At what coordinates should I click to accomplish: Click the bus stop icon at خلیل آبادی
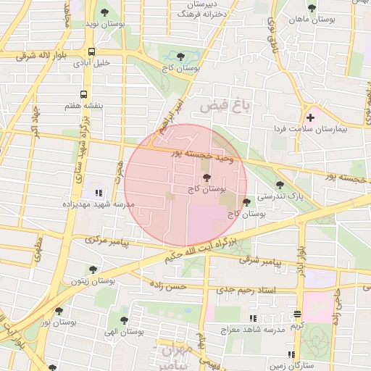click(91, 51)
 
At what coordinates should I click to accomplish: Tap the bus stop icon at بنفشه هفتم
click(84, 94)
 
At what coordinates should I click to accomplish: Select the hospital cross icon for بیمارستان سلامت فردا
click(311, 117)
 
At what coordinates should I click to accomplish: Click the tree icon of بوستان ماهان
click(312, 9)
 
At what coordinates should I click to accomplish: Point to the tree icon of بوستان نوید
click(105, 12)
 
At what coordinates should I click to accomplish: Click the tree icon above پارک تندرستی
click(280, 185)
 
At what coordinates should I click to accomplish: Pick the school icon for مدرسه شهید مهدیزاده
click(98, 193)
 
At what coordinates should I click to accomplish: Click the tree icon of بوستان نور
click(59, 311)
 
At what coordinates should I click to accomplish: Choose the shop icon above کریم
click(297, 314)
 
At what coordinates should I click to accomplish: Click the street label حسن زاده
click(168, 287)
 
